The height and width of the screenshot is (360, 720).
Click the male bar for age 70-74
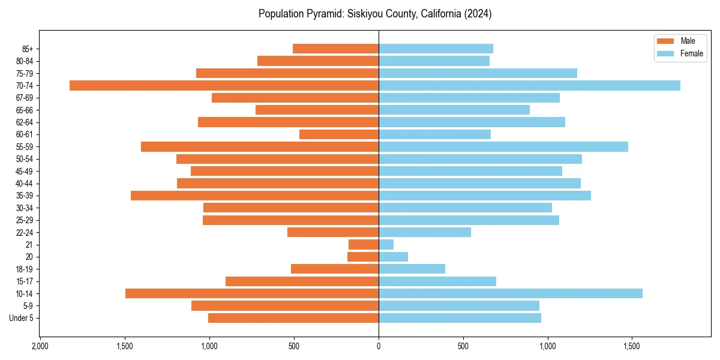[224, 85]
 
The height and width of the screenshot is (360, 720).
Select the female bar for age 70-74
[529, 85]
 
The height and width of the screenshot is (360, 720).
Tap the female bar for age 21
[386, 245]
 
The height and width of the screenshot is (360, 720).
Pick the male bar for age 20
[363, 257]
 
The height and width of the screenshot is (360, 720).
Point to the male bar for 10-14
[252, 293]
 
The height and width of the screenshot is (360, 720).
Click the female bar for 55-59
[503, 146]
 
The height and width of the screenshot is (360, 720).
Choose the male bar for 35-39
[254, 196]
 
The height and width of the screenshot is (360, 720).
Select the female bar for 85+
[436, 49]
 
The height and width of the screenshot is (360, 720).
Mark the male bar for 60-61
[339, 134]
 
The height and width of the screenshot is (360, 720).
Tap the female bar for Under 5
[460, 318]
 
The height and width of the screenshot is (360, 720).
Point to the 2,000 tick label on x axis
[40, 346]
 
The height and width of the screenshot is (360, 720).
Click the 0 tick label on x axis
[379, 346]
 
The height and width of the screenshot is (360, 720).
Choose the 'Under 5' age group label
[21, 318]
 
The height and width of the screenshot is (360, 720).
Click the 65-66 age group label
[25, 110]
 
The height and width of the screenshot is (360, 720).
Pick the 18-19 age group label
[25, 269]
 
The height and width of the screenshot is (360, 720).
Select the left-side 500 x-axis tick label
[294, 346]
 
